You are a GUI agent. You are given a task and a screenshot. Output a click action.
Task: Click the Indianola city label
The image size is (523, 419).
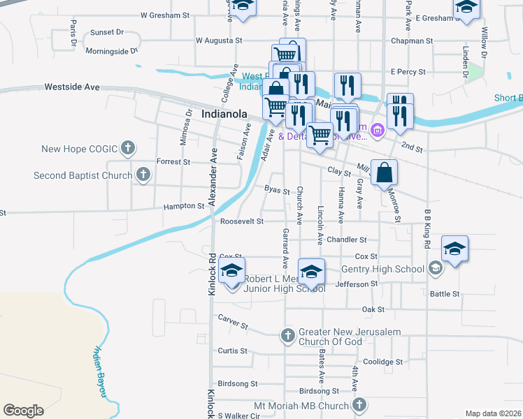pos(226,113)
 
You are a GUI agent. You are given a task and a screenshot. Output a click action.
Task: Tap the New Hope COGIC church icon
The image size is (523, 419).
pos(127,148)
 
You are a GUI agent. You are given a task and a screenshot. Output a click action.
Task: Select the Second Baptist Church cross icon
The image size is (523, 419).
pos(143,175)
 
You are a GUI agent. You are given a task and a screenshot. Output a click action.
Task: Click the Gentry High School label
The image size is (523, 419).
pos(382,269)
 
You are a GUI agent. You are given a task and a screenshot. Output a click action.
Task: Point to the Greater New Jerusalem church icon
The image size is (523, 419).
pos(287,336)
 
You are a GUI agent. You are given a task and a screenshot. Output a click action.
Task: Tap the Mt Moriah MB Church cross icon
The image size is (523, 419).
pos(359,405)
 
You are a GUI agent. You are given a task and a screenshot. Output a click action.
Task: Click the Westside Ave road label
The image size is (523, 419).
pos(72,87)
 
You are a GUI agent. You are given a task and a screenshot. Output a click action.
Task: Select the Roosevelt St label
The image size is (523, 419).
pos(241,221)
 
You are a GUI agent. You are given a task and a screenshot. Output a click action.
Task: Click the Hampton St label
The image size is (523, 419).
pos(184,207)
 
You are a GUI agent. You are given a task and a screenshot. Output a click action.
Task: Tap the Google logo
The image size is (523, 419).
pos(23,411)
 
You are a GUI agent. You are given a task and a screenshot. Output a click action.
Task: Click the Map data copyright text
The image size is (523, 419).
pos(492,413)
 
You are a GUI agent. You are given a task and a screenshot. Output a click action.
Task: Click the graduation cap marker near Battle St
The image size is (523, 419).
pos(454,249)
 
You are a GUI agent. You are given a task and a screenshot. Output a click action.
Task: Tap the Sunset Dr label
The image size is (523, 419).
pos(106,32)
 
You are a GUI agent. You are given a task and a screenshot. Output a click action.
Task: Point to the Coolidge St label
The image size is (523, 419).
pos(382,362)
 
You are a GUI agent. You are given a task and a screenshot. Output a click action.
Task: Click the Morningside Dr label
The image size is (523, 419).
pos(112,51)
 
